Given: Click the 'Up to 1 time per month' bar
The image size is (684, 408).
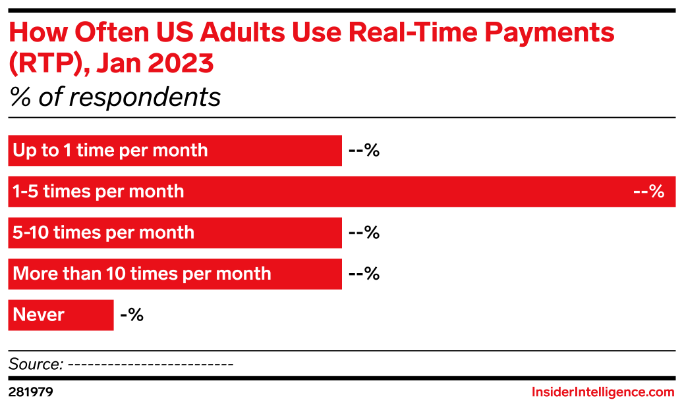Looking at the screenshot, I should tap(175, 151).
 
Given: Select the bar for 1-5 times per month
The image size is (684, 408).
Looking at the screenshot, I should tap(341, 191).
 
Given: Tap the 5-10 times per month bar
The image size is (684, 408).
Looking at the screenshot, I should tap(175, 233).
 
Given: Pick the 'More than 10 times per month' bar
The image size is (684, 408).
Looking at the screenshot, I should tap(175, 274).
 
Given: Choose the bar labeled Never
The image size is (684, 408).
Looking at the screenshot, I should tap(61, 315).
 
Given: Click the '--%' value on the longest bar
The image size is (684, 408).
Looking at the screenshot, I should tap(648, 192).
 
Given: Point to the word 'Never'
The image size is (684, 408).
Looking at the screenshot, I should tap(39, 315).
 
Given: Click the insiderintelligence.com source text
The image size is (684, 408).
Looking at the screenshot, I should tap(603, 392).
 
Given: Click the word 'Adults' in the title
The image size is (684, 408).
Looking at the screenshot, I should tap(250, 34).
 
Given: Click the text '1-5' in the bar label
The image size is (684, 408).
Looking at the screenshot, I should tap(26, 192).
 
